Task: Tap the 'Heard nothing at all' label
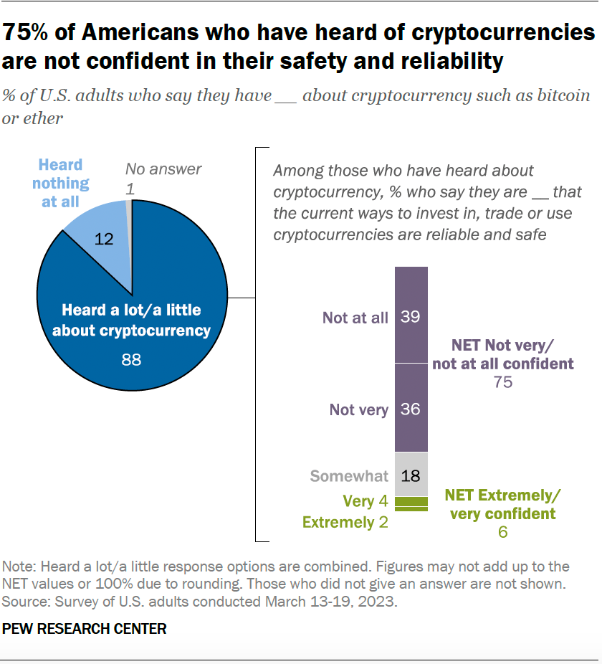pos(61,184)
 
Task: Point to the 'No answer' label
pos(163,169)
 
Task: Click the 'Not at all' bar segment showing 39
pos(411,316)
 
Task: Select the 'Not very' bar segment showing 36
pos(411,409)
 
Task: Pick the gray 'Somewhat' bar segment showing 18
pos(411,475)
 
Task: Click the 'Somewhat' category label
pos(349,475)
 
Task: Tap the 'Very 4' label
pos(365,501)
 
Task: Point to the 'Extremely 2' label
pos(345,522)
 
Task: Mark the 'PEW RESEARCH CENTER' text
pos(85,629)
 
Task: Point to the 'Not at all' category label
pos(355,317)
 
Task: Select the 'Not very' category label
pos(359,409)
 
